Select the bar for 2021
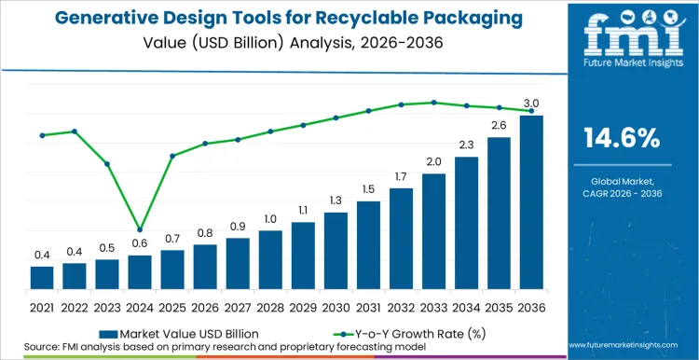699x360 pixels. [42, 279]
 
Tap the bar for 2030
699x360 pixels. [336, 252]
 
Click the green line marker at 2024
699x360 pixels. [140, 229]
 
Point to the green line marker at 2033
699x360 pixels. [433, 103]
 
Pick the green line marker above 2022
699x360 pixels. [75, 132]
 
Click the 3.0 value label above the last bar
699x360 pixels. [531, 103]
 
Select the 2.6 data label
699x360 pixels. [499, 125]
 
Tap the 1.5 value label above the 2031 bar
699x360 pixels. [368, 189]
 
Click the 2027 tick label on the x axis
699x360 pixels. [238, 306]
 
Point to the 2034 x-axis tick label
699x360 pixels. [466, 306]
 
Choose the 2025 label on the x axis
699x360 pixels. [172, 306]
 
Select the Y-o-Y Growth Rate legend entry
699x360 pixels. [396, 332]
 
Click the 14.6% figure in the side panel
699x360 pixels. [622, 139]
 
